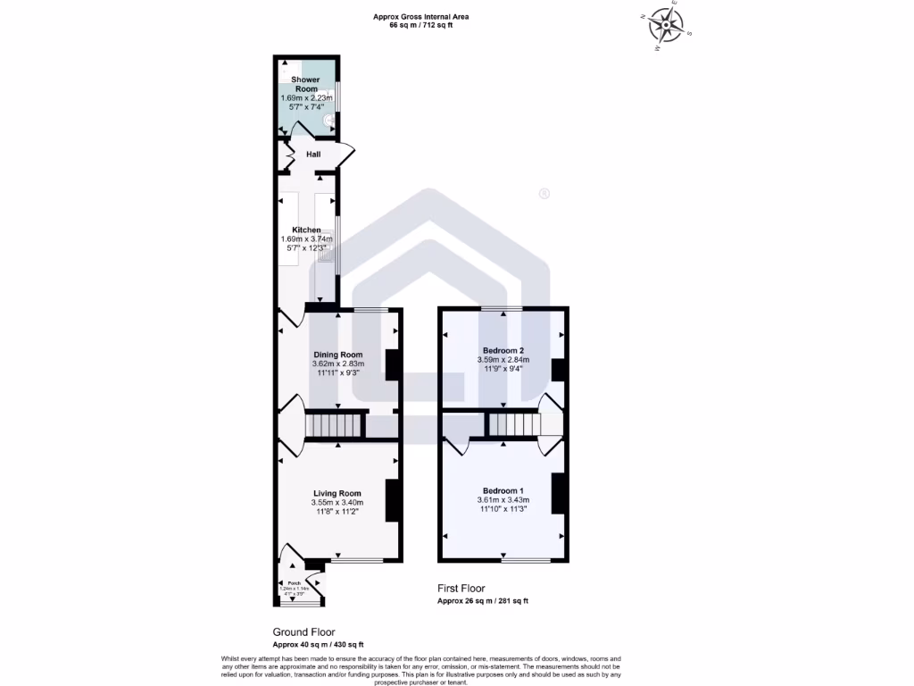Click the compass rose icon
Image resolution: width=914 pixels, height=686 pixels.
click(665, 27)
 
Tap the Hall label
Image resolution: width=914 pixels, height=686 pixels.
click(313, 155)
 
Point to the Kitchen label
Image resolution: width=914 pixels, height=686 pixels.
click(306, 230)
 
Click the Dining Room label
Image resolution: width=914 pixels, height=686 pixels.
click(337, 355)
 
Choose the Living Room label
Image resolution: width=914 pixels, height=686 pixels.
click(337, 493)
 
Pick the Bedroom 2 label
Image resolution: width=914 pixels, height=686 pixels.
click(503, 350)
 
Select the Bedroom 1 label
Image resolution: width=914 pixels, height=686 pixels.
click(503, 490)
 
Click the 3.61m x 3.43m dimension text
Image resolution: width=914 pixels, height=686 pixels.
click(503, 500)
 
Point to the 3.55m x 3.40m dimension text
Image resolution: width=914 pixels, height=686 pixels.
click(337, 503)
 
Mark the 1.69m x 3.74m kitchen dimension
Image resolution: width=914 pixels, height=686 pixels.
click(306, 239)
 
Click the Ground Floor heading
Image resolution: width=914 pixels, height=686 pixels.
click(303, 632)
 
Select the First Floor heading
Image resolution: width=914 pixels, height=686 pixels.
click(461, 589)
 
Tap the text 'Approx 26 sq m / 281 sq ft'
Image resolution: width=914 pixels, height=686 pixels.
click(482, 601)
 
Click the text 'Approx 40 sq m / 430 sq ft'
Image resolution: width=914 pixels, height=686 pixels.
click(318, 644)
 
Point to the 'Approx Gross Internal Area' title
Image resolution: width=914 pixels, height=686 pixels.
click(420, 17)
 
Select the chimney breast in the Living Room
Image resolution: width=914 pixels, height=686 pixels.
click(391, 501)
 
